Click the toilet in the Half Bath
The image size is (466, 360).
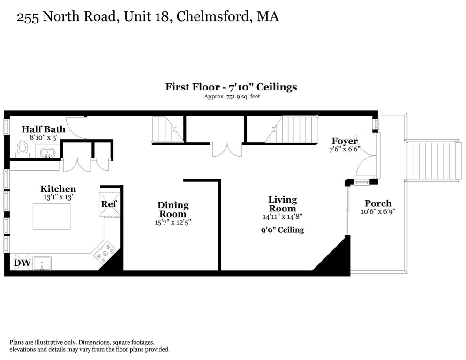point(22,148)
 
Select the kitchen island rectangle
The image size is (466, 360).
point(52,216)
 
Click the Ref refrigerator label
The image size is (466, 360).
point(109,204)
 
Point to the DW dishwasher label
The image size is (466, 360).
point(22,263)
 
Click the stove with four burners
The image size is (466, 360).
point(105,253)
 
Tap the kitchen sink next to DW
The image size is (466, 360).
point(42,264)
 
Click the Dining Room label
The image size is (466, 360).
point(173,209)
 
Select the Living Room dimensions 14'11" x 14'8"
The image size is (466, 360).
point(282,217)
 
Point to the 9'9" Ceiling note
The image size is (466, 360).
point(282,230)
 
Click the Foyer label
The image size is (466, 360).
point(345,141)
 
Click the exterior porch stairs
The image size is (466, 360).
point(433,161)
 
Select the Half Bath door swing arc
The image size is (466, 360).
point(75,128)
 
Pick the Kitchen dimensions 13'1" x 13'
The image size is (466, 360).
point(58,197)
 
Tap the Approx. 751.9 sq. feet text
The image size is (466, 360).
point(232,97)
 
